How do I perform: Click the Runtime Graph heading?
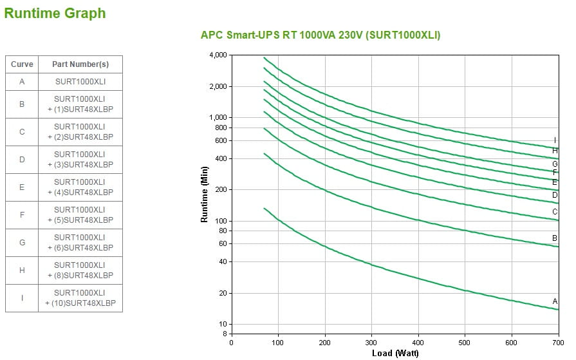[55, 14]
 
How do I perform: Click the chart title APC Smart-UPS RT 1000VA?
[321, 35]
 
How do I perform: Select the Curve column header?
[22, 64]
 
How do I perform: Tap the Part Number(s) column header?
[80, 64]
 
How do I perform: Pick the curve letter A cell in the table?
[22, 82]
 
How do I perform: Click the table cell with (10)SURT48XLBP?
[80, 298]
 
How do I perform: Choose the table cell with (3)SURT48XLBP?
[80, 159]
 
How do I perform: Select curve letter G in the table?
[22, 242]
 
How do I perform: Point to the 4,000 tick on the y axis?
[218, 55]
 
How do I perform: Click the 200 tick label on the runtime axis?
[220, 190]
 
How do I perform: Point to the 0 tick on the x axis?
[232, 343]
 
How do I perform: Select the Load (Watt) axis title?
[395, 353]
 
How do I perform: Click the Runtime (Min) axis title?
[204, 194]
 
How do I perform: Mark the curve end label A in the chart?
[555, 301]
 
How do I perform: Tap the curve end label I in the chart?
[555, 140]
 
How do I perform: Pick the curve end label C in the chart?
[555, 212]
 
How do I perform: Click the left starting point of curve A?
[264, 208]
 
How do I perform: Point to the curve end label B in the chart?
[555, 238]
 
